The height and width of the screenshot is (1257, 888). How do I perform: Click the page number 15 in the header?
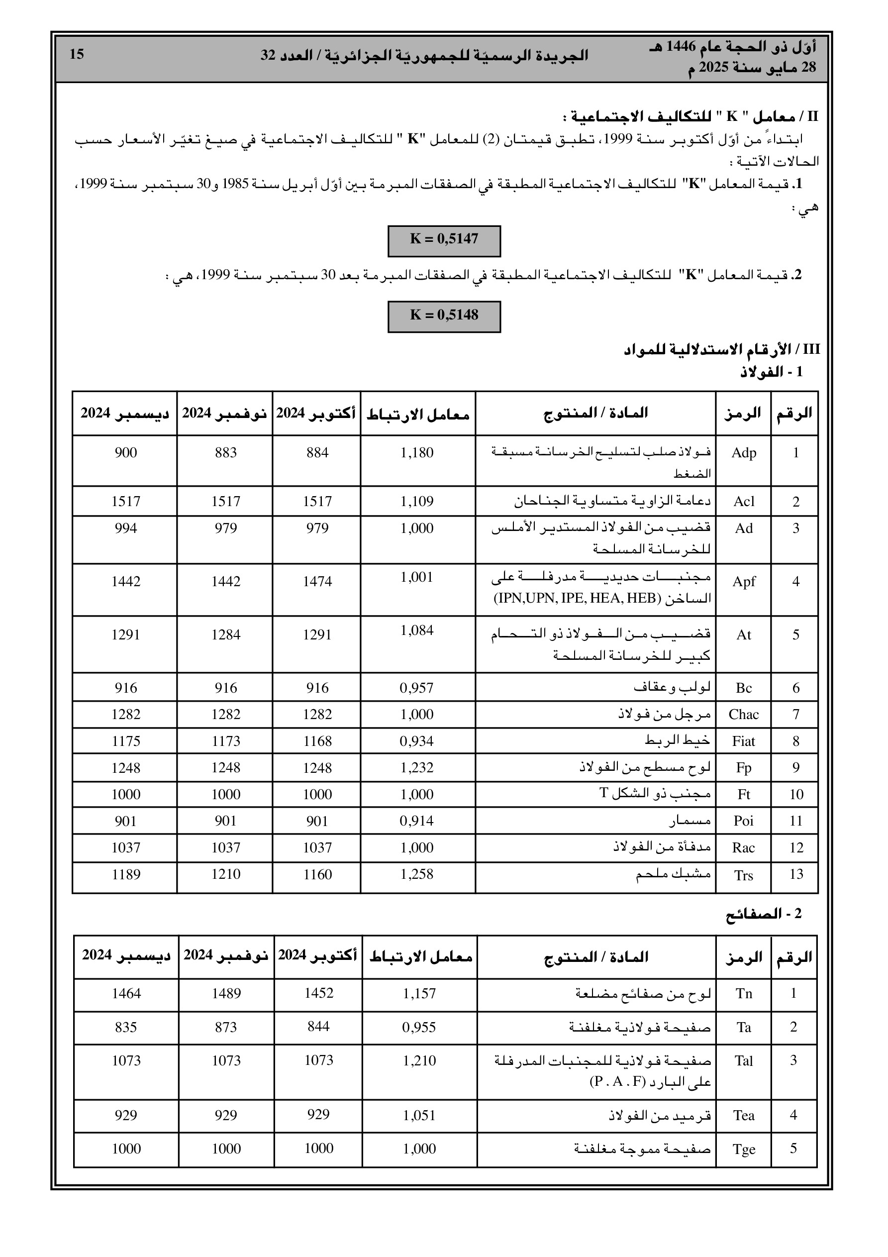click(77, 54)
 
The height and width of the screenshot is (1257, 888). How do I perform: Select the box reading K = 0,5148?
click(444, 316)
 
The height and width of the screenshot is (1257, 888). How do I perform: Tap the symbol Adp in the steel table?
click(743, 453)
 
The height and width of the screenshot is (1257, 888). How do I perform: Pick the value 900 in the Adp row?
click(125, 453)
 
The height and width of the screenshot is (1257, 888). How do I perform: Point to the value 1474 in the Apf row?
click(317, 581)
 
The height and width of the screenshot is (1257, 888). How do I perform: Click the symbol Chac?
click(743, 715)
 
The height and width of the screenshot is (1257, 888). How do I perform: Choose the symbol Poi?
click(743, 821)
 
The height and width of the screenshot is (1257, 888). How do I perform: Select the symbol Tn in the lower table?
click(743, 994)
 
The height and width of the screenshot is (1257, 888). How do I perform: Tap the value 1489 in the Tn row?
click(226, 994)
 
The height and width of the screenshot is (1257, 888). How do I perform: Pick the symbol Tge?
click(743, 1149)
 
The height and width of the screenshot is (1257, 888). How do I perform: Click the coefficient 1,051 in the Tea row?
click(419, 1115)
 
